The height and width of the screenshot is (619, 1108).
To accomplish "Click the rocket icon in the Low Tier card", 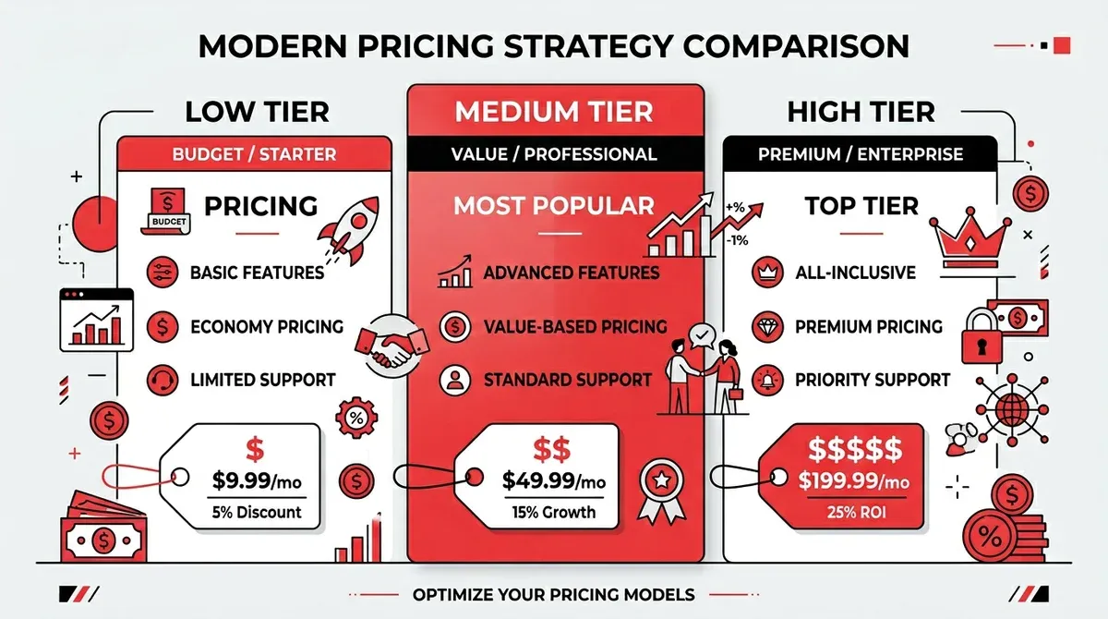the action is [x=349, y=230].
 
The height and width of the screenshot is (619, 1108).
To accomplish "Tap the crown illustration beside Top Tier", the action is [x=969, y=238].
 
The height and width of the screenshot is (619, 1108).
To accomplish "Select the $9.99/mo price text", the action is [x=257, y=480].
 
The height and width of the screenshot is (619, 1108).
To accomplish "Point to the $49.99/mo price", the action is [x=553, y=480].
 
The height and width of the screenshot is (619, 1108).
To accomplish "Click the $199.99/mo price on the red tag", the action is [x=854, y=480].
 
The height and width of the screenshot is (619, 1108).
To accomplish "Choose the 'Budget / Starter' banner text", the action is [x=254, y=154].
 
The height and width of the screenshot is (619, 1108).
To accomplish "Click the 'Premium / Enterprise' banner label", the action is [x=861, y=154].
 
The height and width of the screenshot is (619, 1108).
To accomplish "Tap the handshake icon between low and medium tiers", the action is [x=392, y=346].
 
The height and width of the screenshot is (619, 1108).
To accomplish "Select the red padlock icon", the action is [x=982, y=336].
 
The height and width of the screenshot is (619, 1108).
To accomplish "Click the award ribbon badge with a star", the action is [x=662, y=491].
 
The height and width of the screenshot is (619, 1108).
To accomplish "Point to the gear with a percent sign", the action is [x=356, y=419].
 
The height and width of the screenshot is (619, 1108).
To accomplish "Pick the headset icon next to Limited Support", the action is [x=163, y=380].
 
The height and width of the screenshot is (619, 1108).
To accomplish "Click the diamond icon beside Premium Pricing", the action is [x=767, y=326].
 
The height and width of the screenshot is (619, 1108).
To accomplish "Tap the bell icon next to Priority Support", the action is [x=767, y=380].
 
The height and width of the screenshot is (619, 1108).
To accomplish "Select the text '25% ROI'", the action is [x=856, y=512].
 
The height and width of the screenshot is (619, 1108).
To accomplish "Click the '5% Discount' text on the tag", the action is [x=257, y=512].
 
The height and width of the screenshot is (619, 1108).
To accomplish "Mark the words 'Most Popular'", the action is [x=553, y=206].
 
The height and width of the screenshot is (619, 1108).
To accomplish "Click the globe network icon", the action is [x=1012, y=410].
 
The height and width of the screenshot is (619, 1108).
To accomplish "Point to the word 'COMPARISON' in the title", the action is [x=796, y=46].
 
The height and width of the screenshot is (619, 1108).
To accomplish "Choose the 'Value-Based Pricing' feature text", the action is [x=575, y=326].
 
